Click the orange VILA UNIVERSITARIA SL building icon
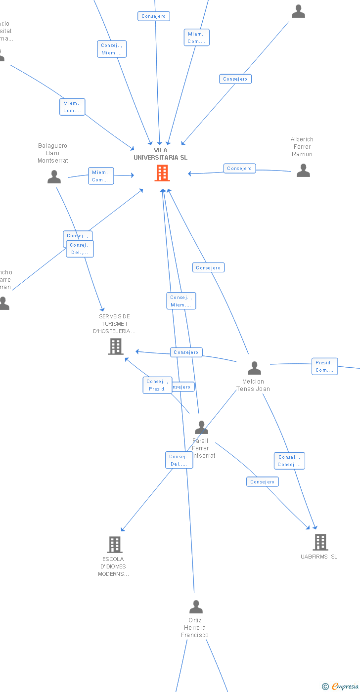(x=162, y=173)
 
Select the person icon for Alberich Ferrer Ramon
(x=303, y=171)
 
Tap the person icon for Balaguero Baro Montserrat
(x=54, y=176)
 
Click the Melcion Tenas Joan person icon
(x=254, y=368)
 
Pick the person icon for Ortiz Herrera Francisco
(x=196, y=606)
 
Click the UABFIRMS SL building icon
(x=320, y=542)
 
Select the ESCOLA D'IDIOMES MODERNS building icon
(x=115, y=544)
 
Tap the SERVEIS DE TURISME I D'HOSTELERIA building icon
(x=116, y=346)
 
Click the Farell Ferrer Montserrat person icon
(x=201, y=427)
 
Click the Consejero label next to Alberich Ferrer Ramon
(x=239, y=169)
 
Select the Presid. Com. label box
(x=324, y=366)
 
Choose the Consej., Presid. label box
(x=157, y=385)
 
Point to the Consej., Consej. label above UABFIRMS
(x=289, y=461)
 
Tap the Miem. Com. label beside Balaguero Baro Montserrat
(x=101, y=176)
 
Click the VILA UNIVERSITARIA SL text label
(x=160, y=154)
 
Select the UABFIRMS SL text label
(x=319, y=557)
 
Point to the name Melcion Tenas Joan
(x=253, y=385)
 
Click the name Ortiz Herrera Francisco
(x=195, y=628)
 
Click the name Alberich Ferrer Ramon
(x=302, y=147)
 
